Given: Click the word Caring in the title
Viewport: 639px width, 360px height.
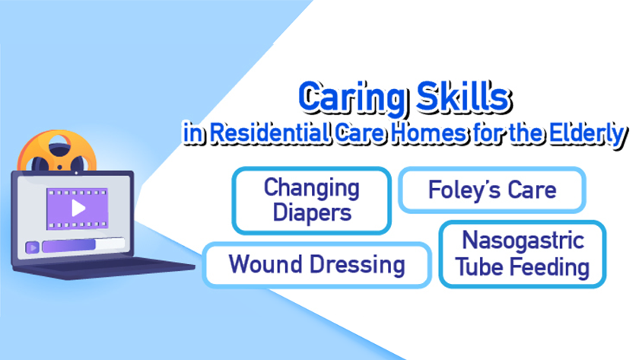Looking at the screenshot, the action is point(352,98).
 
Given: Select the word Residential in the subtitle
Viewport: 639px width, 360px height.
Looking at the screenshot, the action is point(270,133).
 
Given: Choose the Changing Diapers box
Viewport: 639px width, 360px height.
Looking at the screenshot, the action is point(312,200).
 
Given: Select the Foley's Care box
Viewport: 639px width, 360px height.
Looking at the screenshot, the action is point(492,190).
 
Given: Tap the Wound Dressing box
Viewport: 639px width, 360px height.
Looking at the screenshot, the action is point(316,265).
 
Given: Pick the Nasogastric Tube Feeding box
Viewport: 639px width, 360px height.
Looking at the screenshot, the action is point(523,254).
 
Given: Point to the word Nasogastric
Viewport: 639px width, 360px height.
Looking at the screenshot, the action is point(523,241).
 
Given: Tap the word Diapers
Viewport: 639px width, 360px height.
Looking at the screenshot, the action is point(312,213).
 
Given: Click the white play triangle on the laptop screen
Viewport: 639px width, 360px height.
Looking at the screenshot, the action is point(78,209).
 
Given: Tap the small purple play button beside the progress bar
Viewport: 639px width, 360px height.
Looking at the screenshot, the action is point(32,247).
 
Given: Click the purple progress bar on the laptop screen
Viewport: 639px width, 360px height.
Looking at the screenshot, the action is point(69,245).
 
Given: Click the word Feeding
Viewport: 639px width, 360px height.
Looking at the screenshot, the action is point(550,267).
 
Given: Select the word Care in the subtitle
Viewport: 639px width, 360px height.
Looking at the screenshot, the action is point(360,133).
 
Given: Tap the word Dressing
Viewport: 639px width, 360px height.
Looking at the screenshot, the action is point(358,265).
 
